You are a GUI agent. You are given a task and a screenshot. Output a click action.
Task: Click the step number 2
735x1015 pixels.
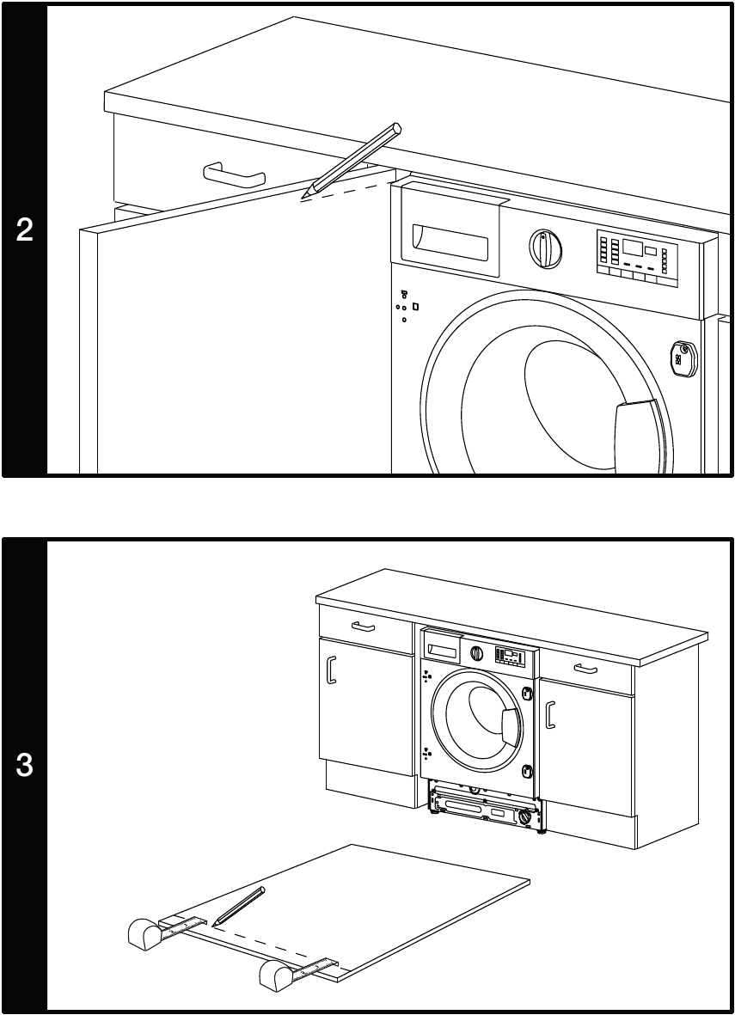pos(25,230)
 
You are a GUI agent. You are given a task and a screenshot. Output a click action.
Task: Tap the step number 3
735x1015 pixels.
pos(25,766)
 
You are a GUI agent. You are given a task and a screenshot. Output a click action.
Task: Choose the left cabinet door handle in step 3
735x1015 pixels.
pos(332,670)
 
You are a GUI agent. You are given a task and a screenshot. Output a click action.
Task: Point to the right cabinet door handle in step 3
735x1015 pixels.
pos(551,712)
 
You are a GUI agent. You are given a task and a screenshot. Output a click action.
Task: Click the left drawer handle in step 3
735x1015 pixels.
pos(364,627)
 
